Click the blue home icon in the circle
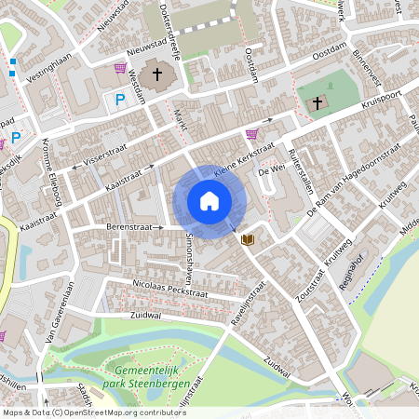pyautogui.click(x=209, y=201)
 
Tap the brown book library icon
pyautogui.click(x=248, y=239)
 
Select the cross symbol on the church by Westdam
pyautogui.click(x=157, y=74)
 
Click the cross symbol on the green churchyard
pyautogui.click(x=318, y=101)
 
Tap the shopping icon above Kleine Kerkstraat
pyautogui.click(x=251, y=134)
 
